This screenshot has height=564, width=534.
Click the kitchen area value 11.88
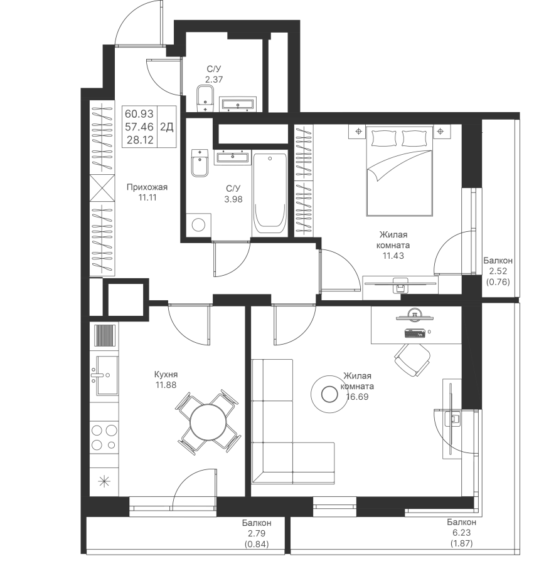[x=166, y=385]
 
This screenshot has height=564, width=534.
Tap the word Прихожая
[x=147, y=187]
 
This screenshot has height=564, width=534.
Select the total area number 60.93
[x=139, y=114]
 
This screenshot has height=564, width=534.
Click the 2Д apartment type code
[x=167, y=127]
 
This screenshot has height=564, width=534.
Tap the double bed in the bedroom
[x=399, y=170]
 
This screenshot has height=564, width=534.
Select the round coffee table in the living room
[x=328, y=394]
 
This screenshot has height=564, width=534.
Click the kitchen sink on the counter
[x=105, y=375]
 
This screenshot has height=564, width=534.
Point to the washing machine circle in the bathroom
[x=198, y=225]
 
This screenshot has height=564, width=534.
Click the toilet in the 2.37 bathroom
[x=206, y=98]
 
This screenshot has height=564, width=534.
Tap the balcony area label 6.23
[x=461, y=533]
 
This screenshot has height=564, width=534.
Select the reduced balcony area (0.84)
[x=257, y=544]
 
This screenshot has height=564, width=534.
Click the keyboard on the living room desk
[x=415, y=334]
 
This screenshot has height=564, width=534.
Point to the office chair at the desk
[x=412, y=360]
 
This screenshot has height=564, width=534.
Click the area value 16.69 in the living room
[x=357, y=397]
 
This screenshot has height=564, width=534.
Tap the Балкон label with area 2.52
[x=498, y=261]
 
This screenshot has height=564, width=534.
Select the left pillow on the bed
[x=384, y=138]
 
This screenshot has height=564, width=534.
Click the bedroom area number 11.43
[x=393, y=256]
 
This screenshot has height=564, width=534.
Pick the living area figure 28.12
[x=140, y=140]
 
